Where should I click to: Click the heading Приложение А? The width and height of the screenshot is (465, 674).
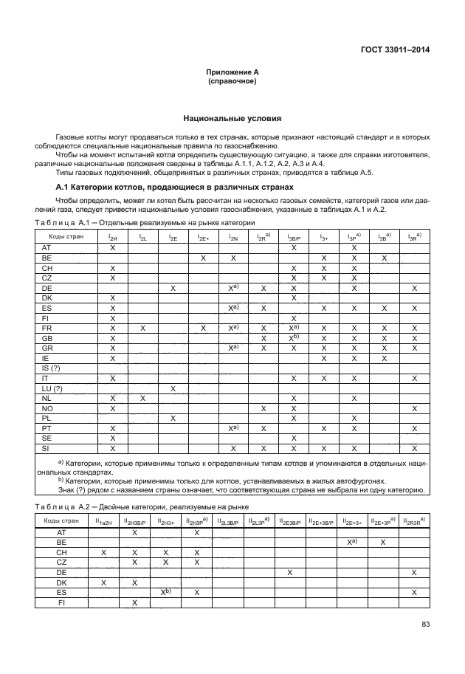click(232, 72)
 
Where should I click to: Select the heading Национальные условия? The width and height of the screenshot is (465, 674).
click(232, 118)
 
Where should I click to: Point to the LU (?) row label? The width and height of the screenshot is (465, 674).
click(52, 388)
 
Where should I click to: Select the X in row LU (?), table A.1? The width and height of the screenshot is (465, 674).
click(173, 388)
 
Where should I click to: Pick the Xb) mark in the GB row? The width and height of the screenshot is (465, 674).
click(294, 337)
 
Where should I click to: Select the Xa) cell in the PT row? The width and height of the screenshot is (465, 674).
click(233, 427)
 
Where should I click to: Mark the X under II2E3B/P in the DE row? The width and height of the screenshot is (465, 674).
click(290, 572)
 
